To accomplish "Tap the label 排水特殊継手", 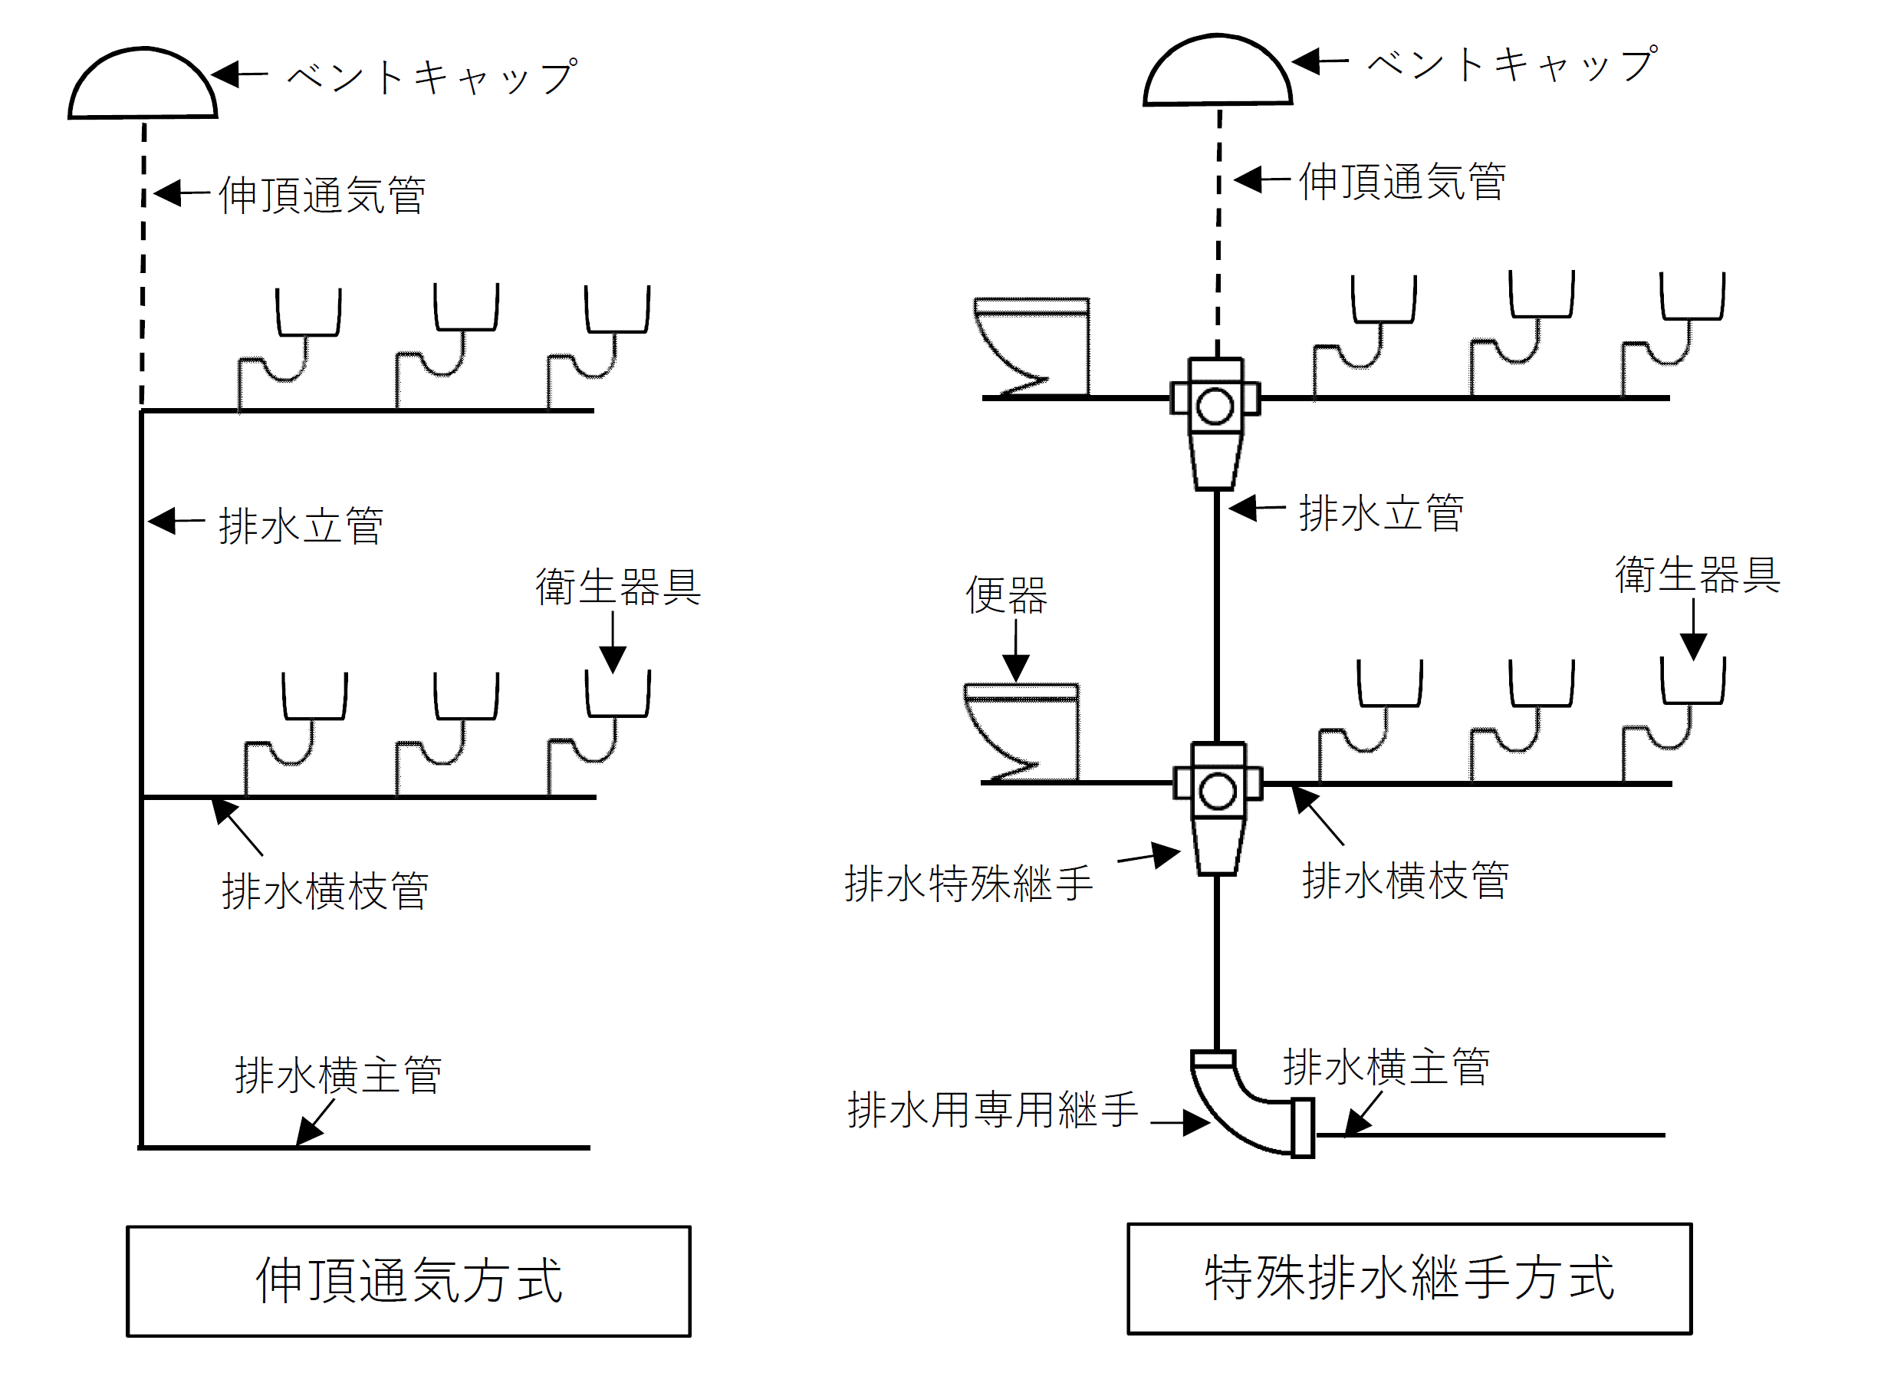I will click(968, 884).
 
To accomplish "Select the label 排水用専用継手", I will click(992, 1111).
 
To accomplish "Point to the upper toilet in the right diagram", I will click(1033, 347).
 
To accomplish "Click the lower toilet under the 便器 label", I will click(1022, 733).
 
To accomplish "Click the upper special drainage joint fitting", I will click(1215, 422).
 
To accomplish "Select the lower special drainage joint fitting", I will click(1217, 807).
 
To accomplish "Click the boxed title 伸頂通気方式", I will click(409, 1280).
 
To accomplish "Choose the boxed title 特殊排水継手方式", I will click(1409, 1278).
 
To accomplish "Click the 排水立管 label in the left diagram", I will click(301, 526).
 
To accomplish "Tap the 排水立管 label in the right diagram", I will click(1380, 513).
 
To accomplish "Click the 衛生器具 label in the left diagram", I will click(618, 586).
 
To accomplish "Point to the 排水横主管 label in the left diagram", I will click(338, 1075).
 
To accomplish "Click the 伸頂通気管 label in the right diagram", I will click(1402, 182).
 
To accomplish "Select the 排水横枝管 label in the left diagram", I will click(325, 891).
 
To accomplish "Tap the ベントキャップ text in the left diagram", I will click(432, 77).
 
